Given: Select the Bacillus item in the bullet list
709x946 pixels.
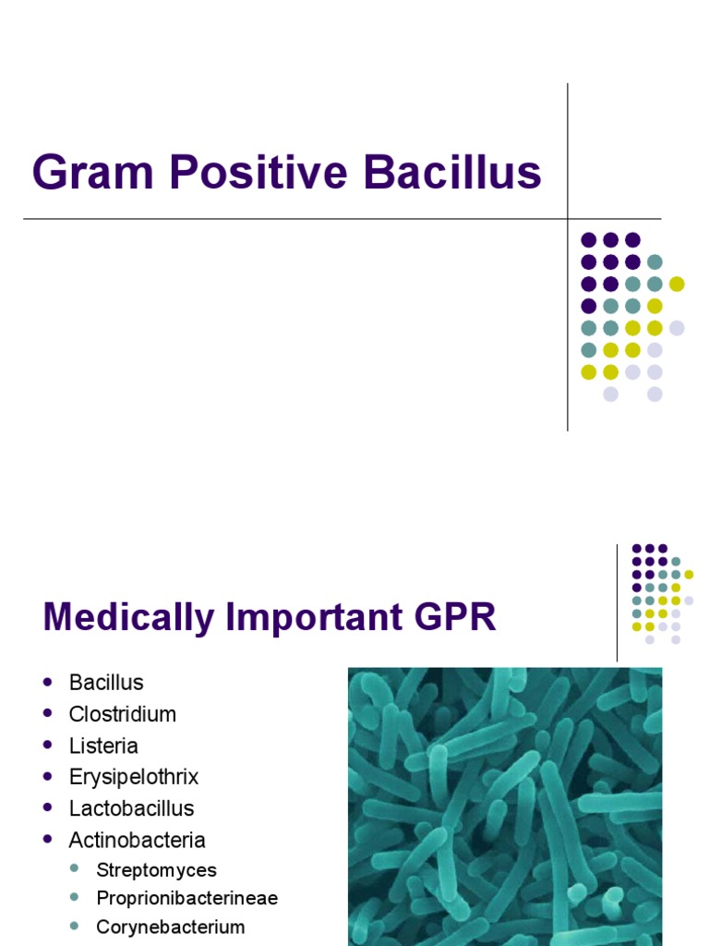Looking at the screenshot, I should click(106, 683).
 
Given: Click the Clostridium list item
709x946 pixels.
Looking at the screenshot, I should click(122, 714).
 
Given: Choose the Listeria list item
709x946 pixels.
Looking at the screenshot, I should click(103, 746).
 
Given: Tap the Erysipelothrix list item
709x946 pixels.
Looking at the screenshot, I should click(134, 777).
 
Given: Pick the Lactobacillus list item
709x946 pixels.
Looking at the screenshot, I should click(131, 808).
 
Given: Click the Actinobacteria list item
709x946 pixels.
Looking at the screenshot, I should click(137, 840).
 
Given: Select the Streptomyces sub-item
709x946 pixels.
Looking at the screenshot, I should click(156, 870).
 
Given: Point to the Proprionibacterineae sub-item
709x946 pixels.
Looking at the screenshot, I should click(186, 898).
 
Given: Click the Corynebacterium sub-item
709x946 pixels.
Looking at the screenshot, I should click(171, 927).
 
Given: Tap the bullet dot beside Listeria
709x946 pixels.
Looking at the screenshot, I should click(48, 746).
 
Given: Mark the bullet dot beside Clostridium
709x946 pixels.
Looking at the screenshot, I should click(48, 714).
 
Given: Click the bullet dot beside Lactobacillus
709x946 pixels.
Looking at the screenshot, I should click(48, 808).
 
